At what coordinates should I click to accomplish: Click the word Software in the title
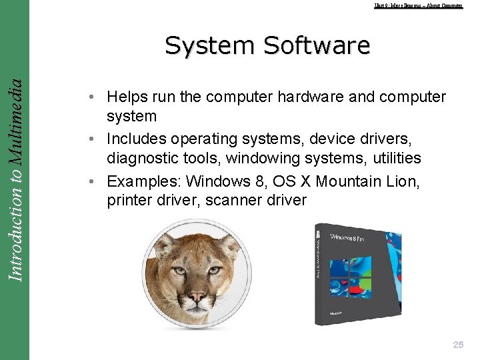tap(317, 46)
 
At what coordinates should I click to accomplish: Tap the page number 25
tap(458, 345)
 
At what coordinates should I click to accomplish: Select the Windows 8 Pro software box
tap(357, 274)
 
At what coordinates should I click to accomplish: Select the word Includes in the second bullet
tap(136, 139)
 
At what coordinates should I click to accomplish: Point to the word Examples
tap(143, 181)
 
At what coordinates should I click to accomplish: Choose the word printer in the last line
tap(129, 200)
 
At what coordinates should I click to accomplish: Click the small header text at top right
tap(418, 6)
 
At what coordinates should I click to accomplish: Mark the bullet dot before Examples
tap(97, 181)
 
